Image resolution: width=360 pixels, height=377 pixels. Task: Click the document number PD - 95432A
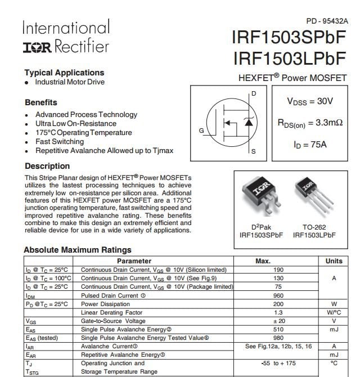tap(327, 21)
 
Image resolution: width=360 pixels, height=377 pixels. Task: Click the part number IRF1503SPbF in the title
tap(289, 38)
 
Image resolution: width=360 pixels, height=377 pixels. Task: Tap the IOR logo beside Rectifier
tap(37, 47)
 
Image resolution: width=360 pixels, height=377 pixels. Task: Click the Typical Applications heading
tap(64, 73)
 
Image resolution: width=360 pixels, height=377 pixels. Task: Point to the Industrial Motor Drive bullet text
tap(70, 82)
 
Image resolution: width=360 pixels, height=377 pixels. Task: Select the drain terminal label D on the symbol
tap(254, 93)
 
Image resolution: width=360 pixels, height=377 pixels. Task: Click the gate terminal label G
tap(201, 131)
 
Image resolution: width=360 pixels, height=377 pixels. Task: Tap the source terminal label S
tap(254, 151)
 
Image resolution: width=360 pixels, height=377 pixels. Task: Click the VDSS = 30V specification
tap(310, 101)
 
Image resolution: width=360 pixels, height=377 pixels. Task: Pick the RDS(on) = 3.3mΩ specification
tap(310, 122)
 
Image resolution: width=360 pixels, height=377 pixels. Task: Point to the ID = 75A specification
tap(310, 144)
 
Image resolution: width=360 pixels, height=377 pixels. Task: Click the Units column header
tap(334, 261)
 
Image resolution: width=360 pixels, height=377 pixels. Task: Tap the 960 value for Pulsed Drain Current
tap(278, 295)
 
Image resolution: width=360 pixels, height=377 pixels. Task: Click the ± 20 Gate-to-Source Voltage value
tap(278, 321)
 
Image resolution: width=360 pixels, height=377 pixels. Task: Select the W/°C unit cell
tap(334, 313)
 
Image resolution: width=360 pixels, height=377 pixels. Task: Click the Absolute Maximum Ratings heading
tap(78, 250)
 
